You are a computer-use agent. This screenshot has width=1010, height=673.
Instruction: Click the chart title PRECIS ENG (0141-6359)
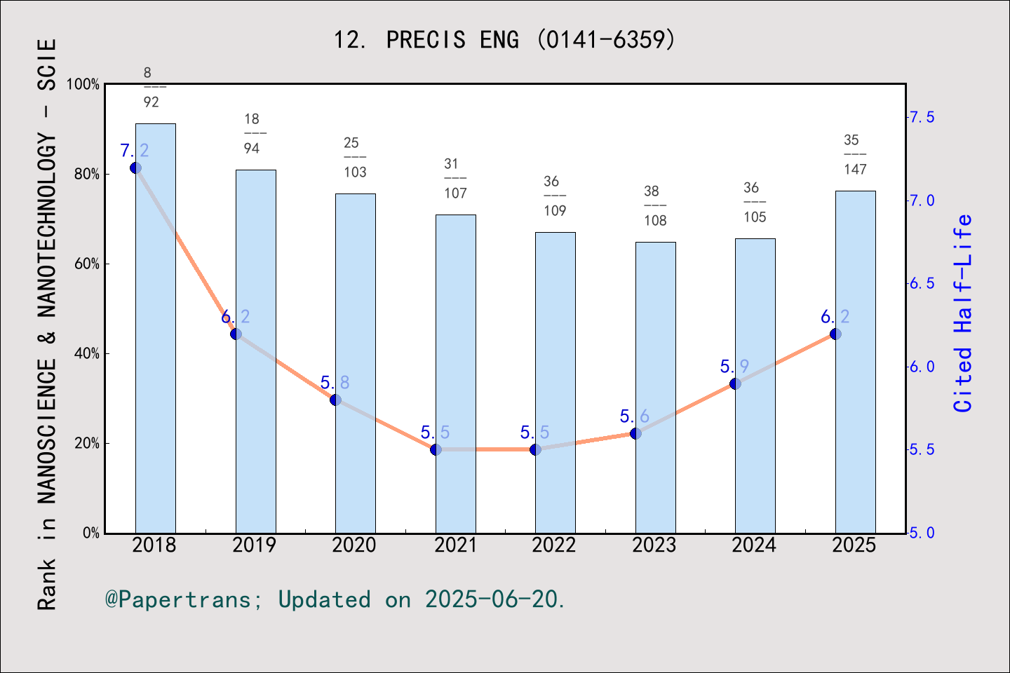(504, 40)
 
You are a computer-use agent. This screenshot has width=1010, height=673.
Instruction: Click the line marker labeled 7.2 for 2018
(136, 168)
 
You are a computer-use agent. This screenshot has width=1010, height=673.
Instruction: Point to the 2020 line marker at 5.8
(335, 400)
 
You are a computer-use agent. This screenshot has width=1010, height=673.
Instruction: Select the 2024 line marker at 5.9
(735, 383)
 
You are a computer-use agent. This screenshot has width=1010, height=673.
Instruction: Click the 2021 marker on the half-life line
(436, 449)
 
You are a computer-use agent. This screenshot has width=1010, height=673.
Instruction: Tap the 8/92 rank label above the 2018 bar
(151, 88)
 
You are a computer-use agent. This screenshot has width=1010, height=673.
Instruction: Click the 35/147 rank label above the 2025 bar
(855, 155)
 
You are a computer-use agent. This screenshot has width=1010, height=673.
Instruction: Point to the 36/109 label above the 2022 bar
(555, 196)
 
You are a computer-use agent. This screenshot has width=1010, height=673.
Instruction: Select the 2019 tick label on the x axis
(255, 545)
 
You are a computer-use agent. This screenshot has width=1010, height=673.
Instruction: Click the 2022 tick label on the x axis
(554, 545)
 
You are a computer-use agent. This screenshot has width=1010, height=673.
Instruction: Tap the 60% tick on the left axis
(87, 264)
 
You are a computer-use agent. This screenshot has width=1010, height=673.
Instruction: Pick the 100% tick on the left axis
(83, 85)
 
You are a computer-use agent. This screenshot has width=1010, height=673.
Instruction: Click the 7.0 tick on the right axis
(922, 200)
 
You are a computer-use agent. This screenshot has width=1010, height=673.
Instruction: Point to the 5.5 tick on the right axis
(922, 449)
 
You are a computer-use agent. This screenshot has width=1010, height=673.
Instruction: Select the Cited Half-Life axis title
(963, 313)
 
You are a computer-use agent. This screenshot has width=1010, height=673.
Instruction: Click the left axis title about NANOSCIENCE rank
(46, 324)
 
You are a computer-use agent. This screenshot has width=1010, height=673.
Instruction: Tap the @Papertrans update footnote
(335, 599)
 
